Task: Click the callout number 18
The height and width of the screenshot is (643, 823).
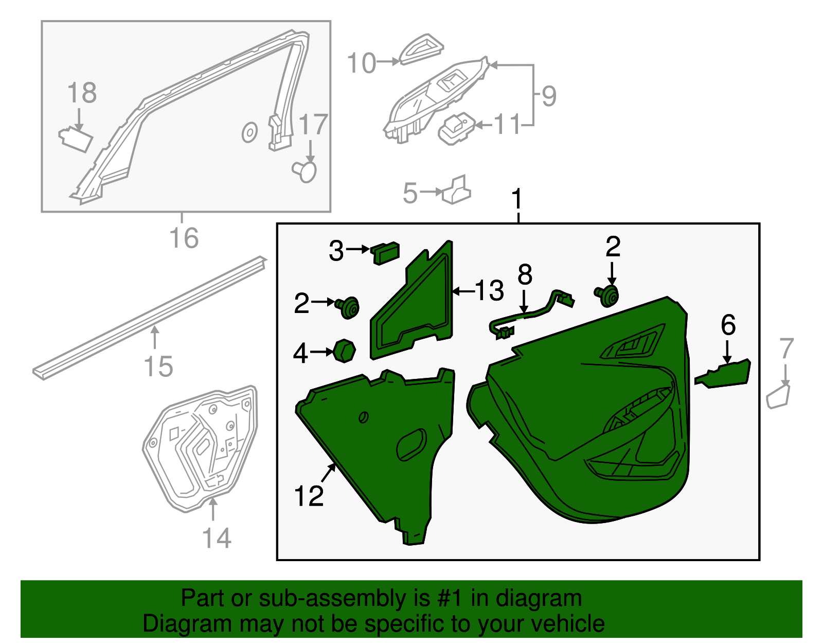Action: pos(82,93)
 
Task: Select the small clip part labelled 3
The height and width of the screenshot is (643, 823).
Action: pos(385,253)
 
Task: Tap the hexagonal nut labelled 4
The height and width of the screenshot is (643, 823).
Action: pos(344,351)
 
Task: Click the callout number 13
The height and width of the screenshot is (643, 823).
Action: pos(489,291)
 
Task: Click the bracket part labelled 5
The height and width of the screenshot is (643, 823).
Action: pos(456,189)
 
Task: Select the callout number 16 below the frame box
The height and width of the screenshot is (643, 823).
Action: pos(184,238)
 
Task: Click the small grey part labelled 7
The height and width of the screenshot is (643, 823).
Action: pos(779,396)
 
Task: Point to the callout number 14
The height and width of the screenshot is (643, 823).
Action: pos(217,538)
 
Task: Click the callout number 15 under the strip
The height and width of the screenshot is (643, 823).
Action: pos(159,367)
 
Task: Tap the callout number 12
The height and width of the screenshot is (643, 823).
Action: pos(309,496)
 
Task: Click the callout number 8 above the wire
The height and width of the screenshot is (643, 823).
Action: pos(525,275)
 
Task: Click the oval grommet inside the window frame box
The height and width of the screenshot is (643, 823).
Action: pos(249,133)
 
